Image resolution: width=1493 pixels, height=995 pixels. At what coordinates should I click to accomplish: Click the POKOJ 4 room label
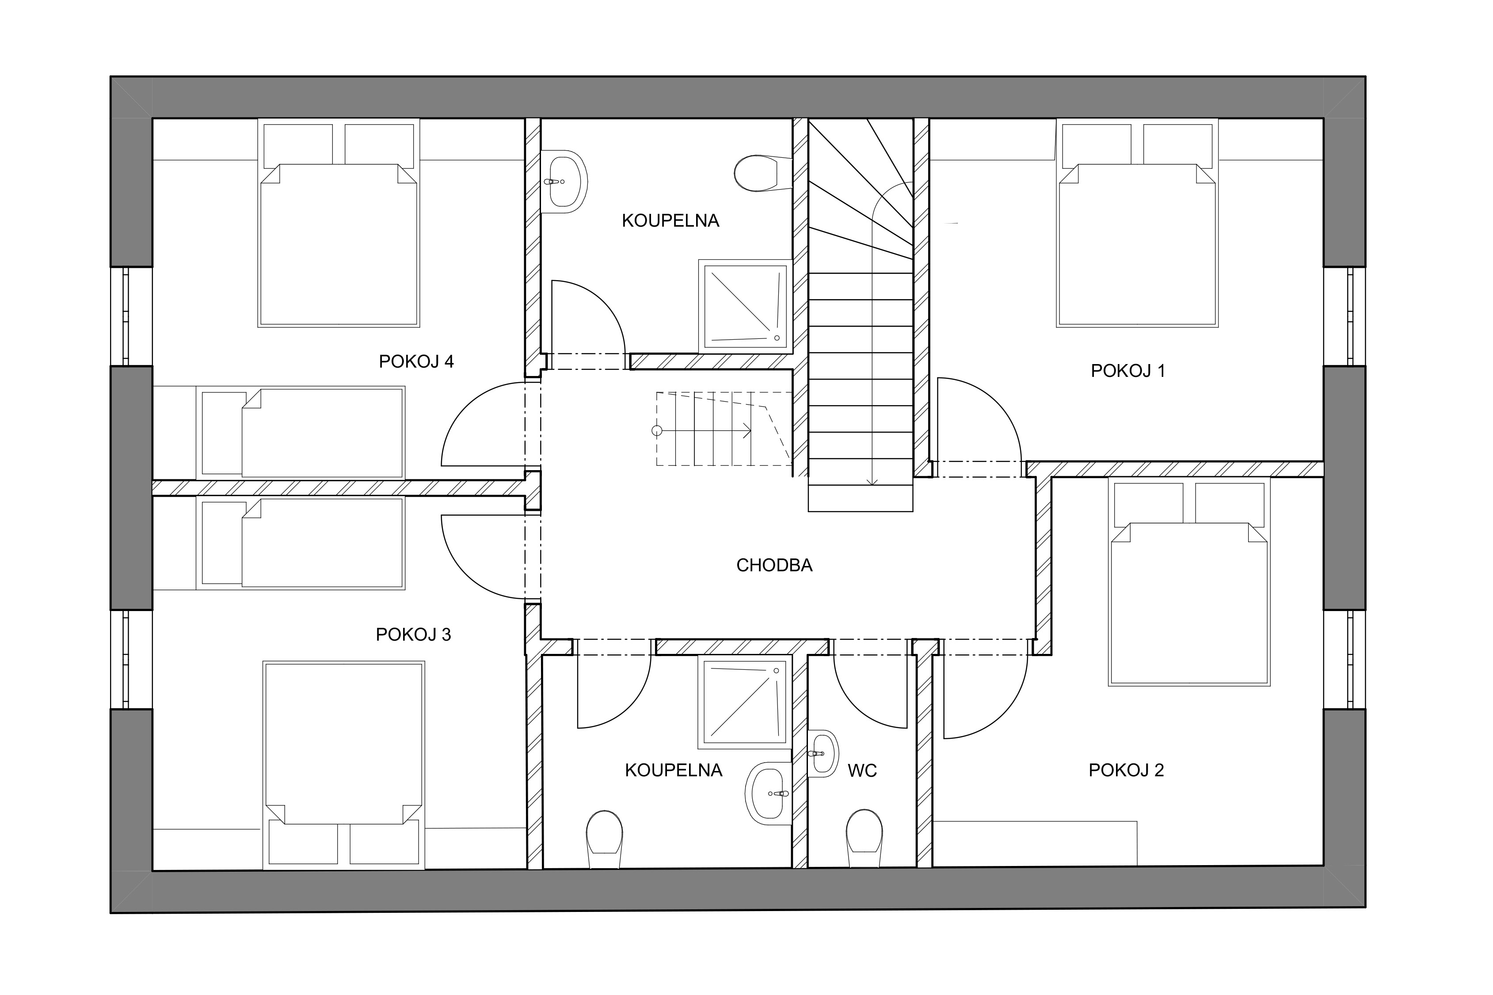416,362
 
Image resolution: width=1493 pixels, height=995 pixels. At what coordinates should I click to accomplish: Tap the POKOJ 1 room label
1128,371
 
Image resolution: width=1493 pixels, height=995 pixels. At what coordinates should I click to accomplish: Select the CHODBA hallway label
774,566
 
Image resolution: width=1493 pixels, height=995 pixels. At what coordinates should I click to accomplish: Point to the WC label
862,771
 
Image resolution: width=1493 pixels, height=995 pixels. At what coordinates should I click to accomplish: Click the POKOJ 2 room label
1126,771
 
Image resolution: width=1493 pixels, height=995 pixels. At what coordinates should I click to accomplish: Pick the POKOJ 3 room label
413,634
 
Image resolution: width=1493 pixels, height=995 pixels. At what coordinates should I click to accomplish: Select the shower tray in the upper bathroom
745,306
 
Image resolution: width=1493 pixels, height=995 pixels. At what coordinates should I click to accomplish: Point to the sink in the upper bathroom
564,182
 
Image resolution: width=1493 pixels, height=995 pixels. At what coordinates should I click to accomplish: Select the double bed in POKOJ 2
1189,582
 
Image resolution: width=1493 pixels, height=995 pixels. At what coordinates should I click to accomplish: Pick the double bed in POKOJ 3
343,765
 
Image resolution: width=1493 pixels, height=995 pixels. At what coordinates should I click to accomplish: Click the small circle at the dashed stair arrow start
657,431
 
